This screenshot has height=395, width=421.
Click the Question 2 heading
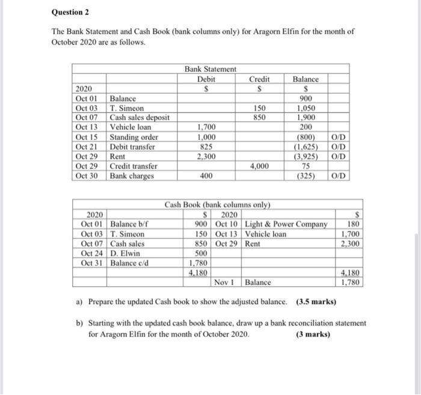pyautogui.click(x=72, y=12)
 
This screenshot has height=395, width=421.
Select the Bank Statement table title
pyautogui.click(x=210, y=70)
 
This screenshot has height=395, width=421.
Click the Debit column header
pyautogui.click(x=206, y=79)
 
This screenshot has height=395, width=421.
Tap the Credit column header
pyautogui.click(x=260, y=79)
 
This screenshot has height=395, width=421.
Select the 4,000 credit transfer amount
pyautogui.click(x=260, y=166)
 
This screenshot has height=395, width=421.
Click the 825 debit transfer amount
pyautogui.click(x=206, y=147)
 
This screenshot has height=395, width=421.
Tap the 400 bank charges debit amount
pyautogui.click(x=206, y=176)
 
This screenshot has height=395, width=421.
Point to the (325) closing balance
pyautogui.click(x=307, y=176)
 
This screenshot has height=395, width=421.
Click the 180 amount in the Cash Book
pyautogui.click(x=354, y=224)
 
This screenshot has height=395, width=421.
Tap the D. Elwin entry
pyautogui.click(x=126, y=253)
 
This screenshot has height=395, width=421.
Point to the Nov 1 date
pyautogui.click(x=227, y=281)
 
